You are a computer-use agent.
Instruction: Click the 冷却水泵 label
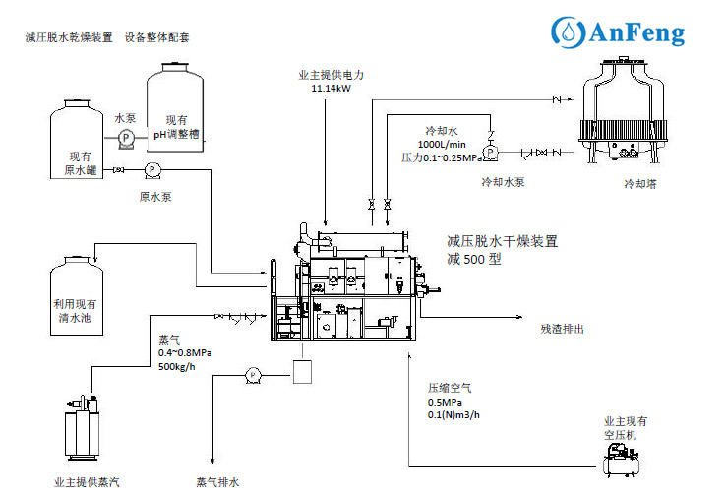click(x=503, y=182)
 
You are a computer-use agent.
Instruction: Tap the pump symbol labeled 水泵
click(x=126, y=138)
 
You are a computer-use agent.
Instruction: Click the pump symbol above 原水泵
click(x=153, y=170)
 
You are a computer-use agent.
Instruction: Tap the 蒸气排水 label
click(x=217, y=482)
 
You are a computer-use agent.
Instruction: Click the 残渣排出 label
click(x=562, y=329)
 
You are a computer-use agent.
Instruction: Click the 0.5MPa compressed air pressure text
click(x=445, y=402)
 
